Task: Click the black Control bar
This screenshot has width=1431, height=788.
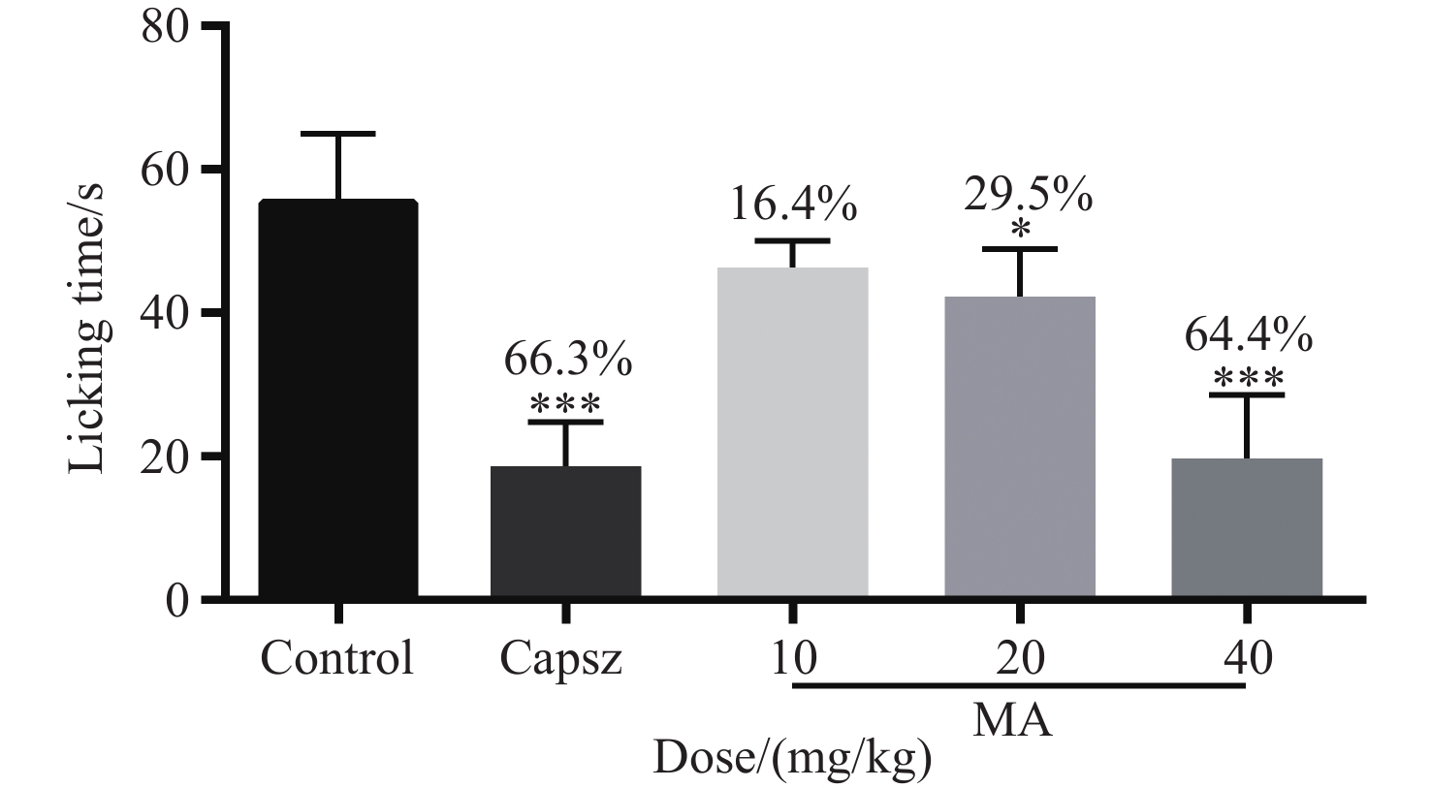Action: [337, 397]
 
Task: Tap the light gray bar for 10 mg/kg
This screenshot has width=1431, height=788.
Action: [792, 431]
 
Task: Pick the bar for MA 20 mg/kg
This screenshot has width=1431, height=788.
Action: [1020, 446]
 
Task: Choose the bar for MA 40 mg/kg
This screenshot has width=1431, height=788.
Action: [1247, 527]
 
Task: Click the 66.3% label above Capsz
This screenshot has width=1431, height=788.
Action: [568, 361]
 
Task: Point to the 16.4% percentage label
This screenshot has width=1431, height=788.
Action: [794, 205]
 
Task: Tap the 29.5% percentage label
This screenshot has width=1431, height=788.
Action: [1028, 195]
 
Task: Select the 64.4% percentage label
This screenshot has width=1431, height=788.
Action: [1249, 336]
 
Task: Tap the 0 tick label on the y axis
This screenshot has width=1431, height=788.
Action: [176, 600]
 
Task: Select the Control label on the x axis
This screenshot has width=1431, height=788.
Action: [336, 659]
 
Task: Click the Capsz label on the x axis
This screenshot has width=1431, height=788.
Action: [561, 660]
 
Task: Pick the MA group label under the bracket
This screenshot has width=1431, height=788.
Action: [1012, 721]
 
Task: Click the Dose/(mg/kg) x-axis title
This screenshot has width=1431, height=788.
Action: [792, 758]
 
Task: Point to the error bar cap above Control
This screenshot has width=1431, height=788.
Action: [338, 134]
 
